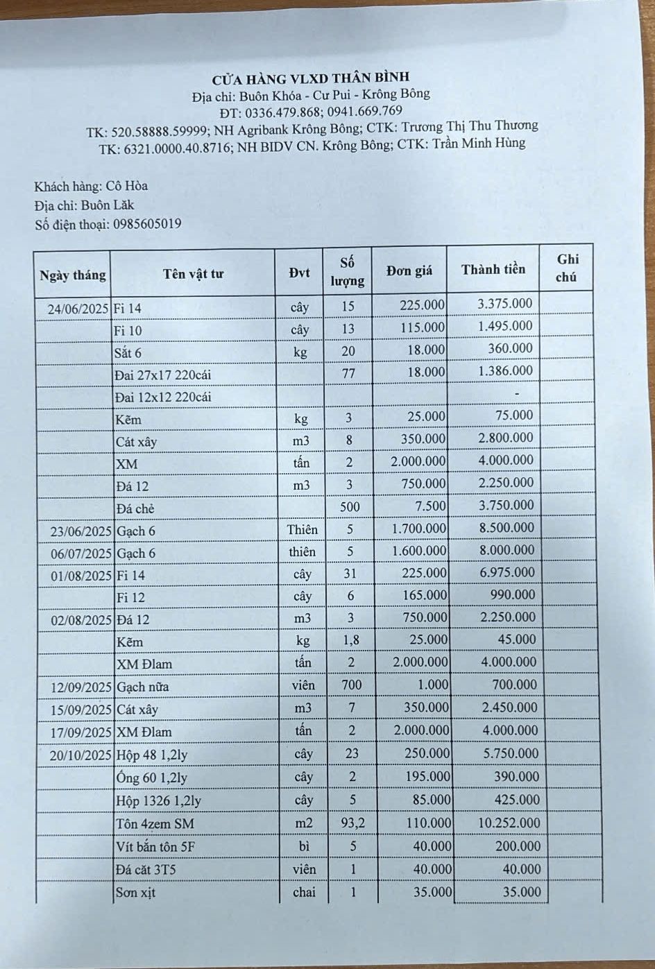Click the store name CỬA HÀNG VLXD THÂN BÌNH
click(310, 77)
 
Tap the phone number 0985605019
click(147, 224)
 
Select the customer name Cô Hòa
click(127, 186)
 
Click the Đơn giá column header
click(409, 271)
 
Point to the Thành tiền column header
click(493, 269)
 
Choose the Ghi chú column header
click(567, 268)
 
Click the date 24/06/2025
click(78, 308)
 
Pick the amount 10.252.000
click(508, 823)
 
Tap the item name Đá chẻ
click(135, 508)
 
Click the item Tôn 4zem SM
click(155, 824)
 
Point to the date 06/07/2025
click(81, 554)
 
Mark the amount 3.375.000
click(505, 303)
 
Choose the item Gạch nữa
click(143, 687)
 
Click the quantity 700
click(351, 685)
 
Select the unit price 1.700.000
click(419, 529)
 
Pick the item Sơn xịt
click(136, 893)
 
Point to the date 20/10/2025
click(80, 755)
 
